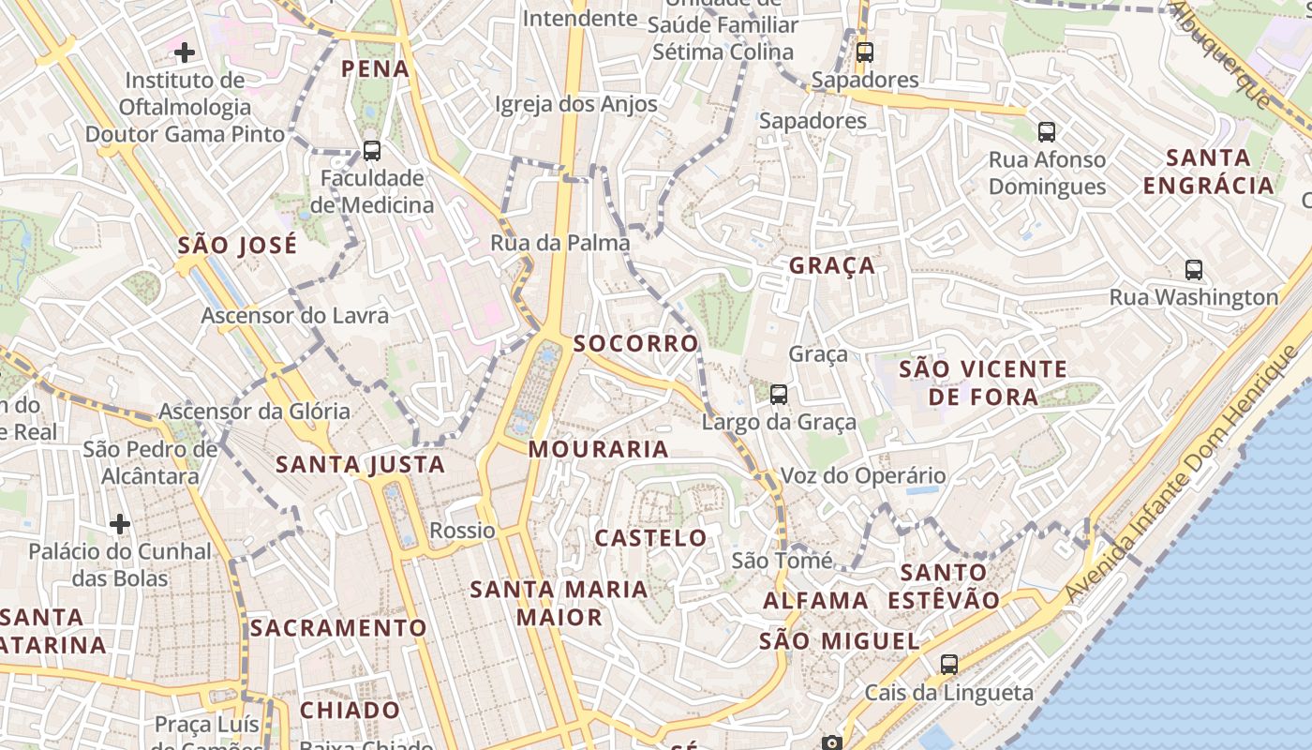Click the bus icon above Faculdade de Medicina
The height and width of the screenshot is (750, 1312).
pos(372,150)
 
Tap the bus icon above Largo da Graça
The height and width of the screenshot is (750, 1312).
pos(779,395)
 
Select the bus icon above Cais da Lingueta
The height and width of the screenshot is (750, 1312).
pos(949,665)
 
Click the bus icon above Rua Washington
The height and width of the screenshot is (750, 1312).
pos(1194,270)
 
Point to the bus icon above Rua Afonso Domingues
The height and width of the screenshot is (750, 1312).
pos(1047,132)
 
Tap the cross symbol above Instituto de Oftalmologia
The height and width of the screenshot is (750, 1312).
pos(186,52)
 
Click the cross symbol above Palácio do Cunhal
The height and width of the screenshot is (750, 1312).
pos(120,523)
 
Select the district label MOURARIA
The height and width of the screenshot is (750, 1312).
pos(599,449)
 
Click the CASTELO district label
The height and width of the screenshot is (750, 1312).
pos(651,538)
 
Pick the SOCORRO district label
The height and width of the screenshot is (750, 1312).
pos(636,343)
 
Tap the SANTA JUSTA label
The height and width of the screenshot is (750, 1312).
pos(360,464)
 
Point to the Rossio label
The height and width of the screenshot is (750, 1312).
pos(462,531)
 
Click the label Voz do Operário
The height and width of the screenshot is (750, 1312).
pos(863,475)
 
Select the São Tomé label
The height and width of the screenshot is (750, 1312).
pos(782,561)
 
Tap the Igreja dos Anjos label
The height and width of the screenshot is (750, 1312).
pos(576,104)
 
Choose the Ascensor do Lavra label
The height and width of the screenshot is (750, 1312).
pos(294,315)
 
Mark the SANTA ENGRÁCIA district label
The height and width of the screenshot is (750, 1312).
pos(1209,172)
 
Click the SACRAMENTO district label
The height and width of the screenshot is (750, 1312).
pos(338,628)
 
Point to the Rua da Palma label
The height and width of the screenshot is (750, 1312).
pos(560,243)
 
